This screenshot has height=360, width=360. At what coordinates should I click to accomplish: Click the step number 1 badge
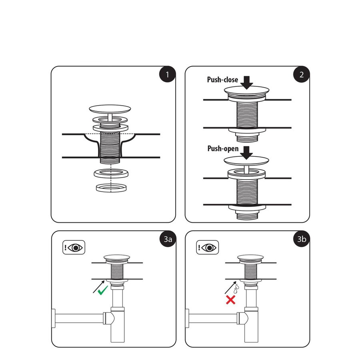(167, 75)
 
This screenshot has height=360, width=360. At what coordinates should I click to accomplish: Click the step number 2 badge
(301, 75)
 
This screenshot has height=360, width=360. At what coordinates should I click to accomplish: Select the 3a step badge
(167, 239)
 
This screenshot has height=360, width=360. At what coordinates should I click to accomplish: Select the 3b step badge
(301, 239)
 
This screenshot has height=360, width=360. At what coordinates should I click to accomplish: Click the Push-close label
(222, 80)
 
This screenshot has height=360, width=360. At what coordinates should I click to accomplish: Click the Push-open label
(223, 149)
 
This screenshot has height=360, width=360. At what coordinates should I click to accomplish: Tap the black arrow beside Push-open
(247, 151)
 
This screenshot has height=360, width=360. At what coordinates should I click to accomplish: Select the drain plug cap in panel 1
(110, 108)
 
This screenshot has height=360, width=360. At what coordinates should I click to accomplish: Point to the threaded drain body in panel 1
(110, 146)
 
